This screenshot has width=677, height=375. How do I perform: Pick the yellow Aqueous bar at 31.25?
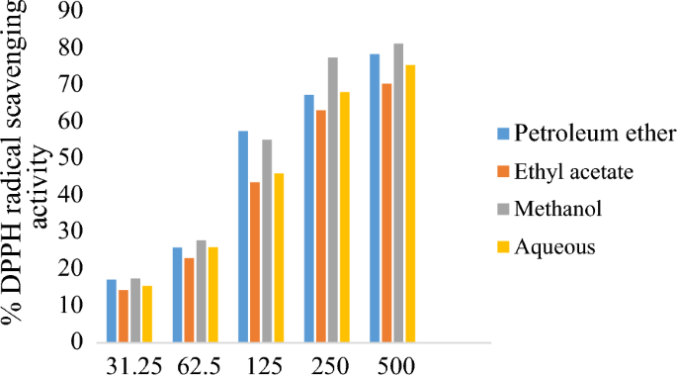(146, 314)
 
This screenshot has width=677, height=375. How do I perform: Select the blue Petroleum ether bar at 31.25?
(111, 311)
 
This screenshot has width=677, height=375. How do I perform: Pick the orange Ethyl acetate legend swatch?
(501, 172)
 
